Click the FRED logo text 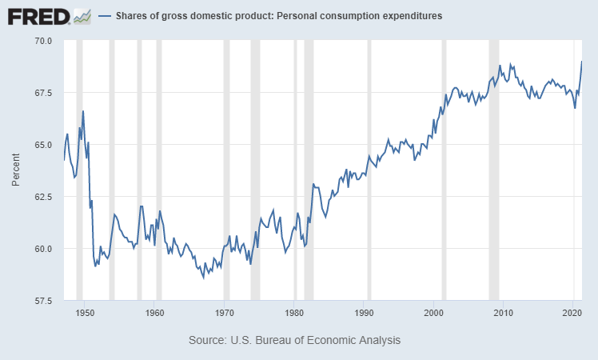(38, 15)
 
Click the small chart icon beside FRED (81, 15)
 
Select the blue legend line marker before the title (104, 16)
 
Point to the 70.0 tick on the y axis (42, 40)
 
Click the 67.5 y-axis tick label (42, 92)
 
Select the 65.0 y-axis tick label (42, 144)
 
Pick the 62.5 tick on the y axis (42, 196)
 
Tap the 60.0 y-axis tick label (42, 248)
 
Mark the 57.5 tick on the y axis (42, 300)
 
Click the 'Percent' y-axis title (16, 170)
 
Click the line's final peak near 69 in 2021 (581, 62)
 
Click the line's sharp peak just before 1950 (83, 111)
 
